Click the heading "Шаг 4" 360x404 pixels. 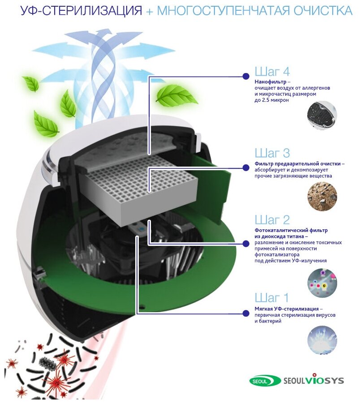pos(272,71)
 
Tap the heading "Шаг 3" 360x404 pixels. pos(272,153)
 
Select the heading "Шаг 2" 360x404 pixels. pos(272,219)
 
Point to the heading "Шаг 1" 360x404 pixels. pos(272,297)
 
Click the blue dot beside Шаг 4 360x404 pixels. pos(245,77)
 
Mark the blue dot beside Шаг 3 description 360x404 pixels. pos(245,168)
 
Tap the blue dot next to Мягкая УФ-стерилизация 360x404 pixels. pos(245,313)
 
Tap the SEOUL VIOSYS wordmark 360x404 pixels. pos(313,381)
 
